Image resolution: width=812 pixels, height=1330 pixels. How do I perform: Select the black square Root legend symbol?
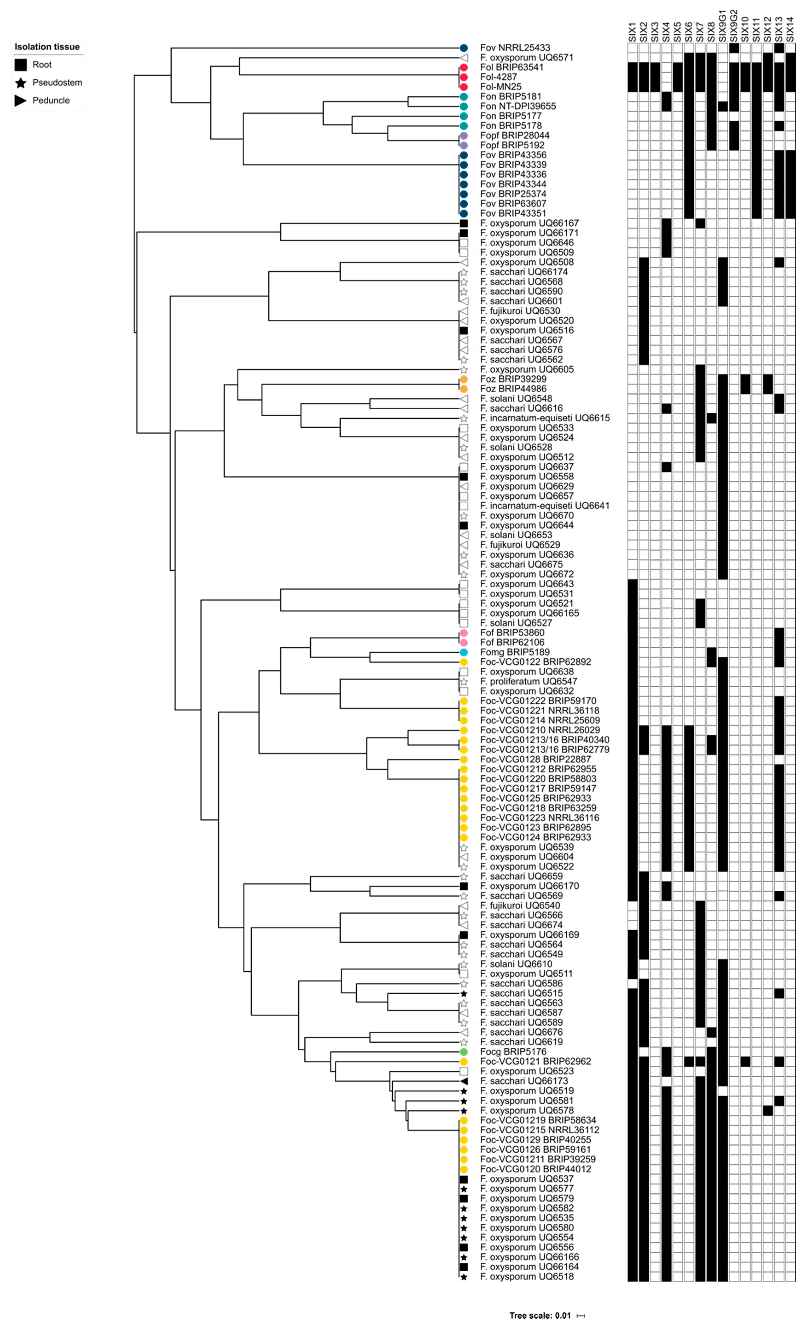pos(20,65)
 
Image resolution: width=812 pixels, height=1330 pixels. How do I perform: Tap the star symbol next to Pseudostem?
pos(20,83)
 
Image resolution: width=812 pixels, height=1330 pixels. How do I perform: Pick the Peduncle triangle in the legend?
pos(20,100)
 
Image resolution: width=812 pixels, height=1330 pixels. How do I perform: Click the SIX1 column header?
pos(632,32)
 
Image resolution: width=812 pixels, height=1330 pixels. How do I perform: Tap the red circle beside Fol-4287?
pos(464,77)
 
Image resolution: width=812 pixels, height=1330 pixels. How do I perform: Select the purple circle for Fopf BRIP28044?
pos(464,135)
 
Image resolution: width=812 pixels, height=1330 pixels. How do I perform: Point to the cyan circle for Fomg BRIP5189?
pos(464,652)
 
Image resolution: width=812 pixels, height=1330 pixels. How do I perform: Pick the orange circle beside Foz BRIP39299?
pos(464,379)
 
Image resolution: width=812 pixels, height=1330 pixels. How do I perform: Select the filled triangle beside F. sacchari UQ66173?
pos(464,1081)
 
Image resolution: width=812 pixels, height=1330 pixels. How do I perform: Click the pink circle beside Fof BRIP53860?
pos(464,633)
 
